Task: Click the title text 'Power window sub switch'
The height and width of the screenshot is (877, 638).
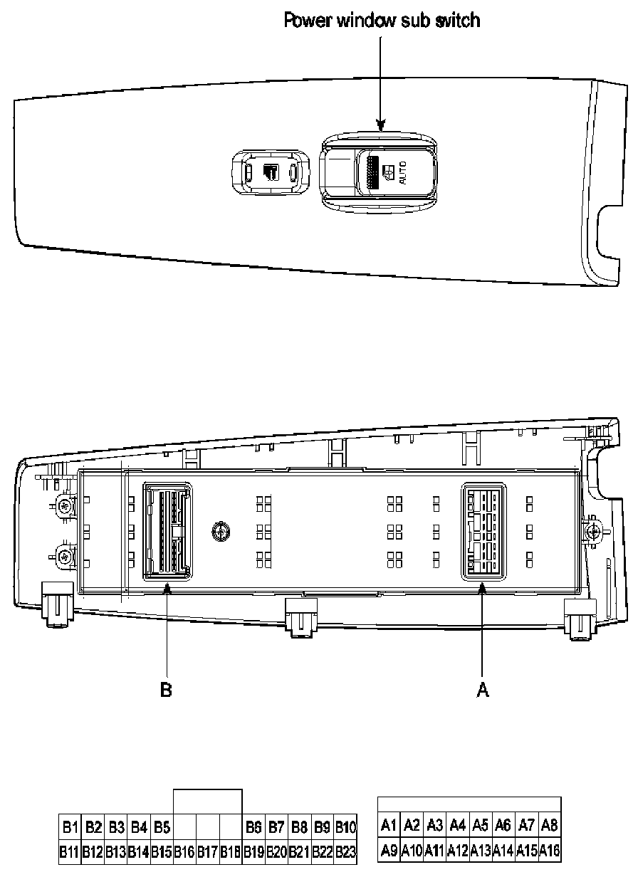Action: (382, 19)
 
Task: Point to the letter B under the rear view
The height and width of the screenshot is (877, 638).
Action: (166, 690)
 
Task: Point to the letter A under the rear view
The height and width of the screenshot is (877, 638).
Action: (483, 690)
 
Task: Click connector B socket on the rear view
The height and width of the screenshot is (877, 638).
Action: (168, 531)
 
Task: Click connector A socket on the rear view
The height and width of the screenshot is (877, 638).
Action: (483, 530)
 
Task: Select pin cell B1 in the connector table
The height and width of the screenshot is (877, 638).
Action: (70, 827)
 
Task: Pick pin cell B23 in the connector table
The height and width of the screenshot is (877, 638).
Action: (345, 851)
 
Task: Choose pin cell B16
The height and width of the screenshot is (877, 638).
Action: (184, 851)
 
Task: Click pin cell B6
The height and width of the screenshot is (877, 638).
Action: (253, 827)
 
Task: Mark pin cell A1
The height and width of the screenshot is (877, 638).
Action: (389, 826)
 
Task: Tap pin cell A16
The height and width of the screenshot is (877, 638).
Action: (549, 850)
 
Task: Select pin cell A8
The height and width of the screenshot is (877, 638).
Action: (549, 826)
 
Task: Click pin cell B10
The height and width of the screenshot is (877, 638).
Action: (345, 827)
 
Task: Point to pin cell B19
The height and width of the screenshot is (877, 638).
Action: (253, 851)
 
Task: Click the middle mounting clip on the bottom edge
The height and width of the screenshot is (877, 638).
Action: (300, 615)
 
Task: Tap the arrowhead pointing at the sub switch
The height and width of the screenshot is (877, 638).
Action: (381, 127)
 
